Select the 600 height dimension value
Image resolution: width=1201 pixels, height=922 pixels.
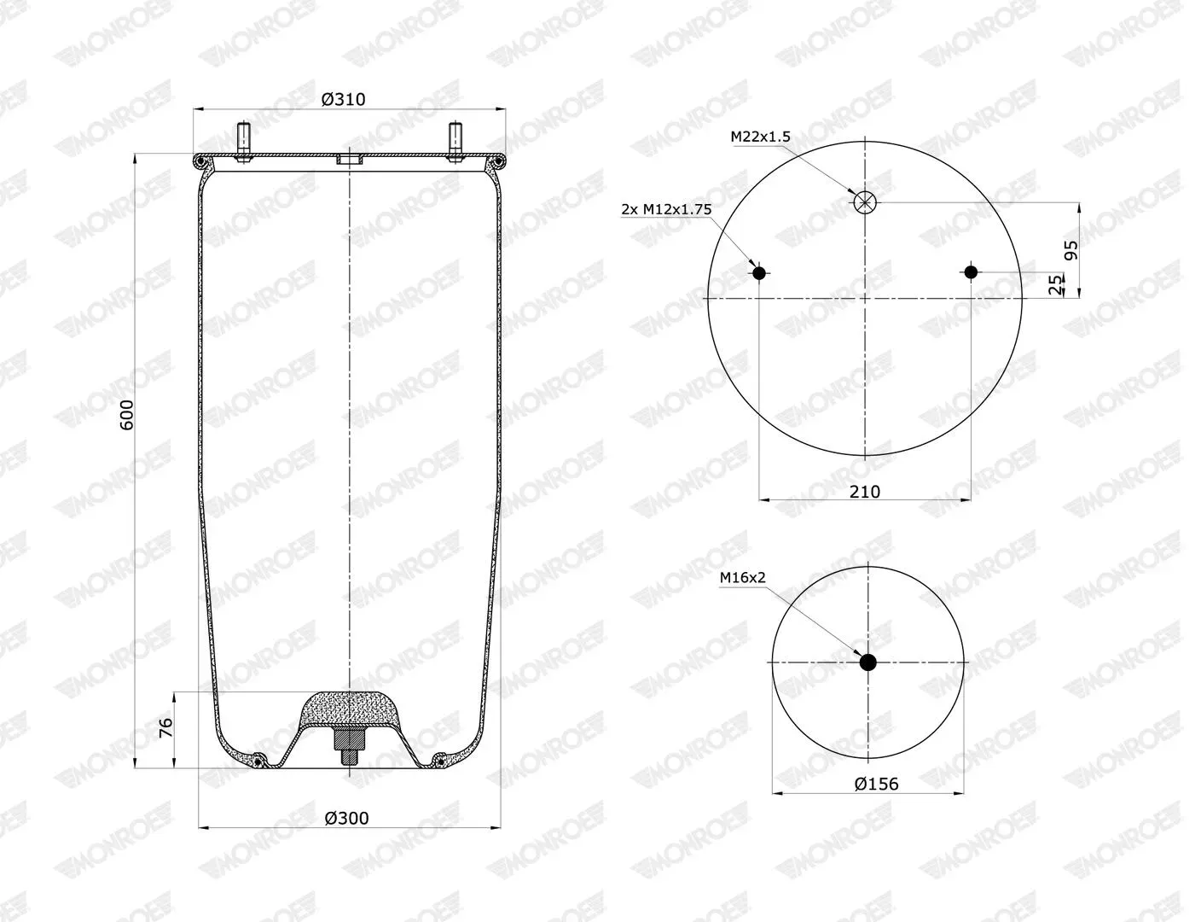coord(127,415)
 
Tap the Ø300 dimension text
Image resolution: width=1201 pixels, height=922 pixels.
coord(346,818)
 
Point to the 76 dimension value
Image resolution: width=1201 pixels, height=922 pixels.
coord(165,728)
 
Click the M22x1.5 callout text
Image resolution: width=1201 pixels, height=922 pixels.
coord(761,137)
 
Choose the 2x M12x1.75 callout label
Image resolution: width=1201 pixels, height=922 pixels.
coord(666,209)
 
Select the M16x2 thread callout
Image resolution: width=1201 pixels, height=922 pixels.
coord(742,578)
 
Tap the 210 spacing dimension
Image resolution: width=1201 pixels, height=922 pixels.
coord(864,491)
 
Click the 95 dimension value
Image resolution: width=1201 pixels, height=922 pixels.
coord(1070,250)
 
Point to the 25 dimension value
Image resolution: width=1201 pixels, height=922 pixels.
coord(1056,284)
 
